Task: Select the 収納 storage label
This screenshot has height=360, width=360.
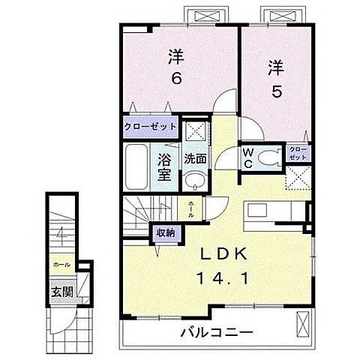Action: [166, 232]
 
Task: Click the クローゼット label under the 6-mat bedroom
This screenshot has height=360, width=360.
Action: [151, 127]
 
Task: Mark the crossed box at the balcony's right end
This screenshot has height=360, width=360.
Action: [304, 325]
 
